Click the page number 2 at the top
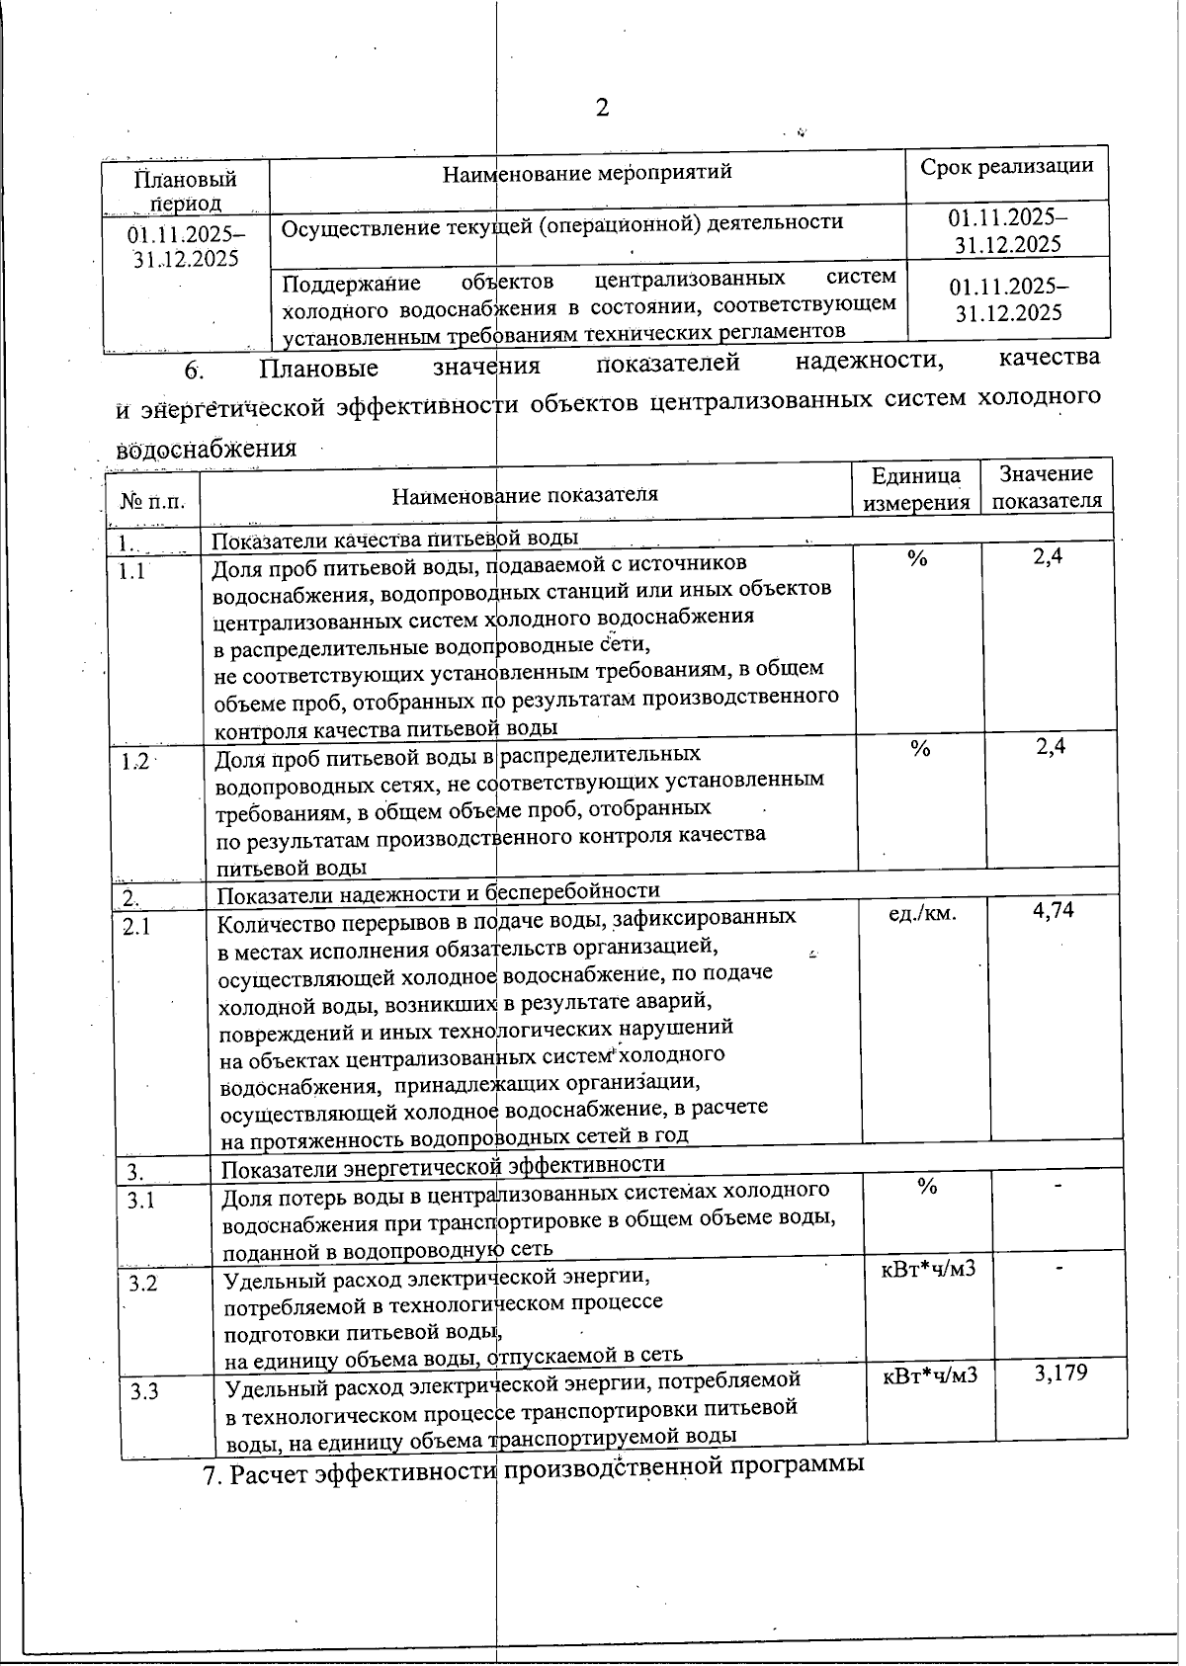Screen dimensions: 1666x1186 pyautogui.click(x=602, y=107)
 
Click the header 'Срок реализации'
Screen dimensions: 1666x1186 pyautogui.click(x=1006, y=166)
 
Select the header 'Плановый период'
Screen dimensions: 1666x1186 pyautogui.click(x=186, y=191)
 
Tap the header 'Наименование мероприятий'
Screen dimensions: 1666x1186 pyautogui.click(x=587, y=172)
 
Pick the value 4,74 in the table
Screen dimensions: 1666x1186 pyautogui.click(x=1054, y=910)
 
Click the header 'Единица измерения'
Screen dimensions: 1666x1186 pyautogui.click(x=916, y=489)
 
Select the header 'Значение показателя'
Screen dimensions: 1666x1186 pyautogui.click(x=1047, y=487)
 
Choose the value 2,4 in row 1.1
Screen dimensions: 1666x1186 pyautogui.click(x=1048, y=557)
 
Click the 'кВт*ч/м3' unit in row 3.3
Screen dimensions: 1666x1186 pyautogui.click(x=930, y=1375)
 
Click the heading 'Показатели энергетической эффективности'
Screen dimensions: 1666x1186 pyautogui.click(x=442, y=1165)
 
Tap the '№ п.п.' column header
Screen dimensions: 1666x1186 pyautogui.click(x=152, y=501)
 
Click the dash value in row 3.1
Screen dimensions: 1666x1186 pyautogui.click(x=1058, y=1184)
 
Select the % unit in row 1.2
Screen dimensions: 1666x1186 pyautogui.click(x=920, y=749)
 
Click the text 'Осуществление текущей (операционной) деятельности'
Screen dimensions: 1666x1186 pyautogui.click(x=562, y=223)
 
